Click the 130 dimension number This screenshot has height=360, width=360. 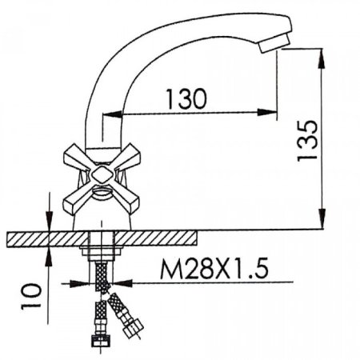(x=186, y=98)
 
